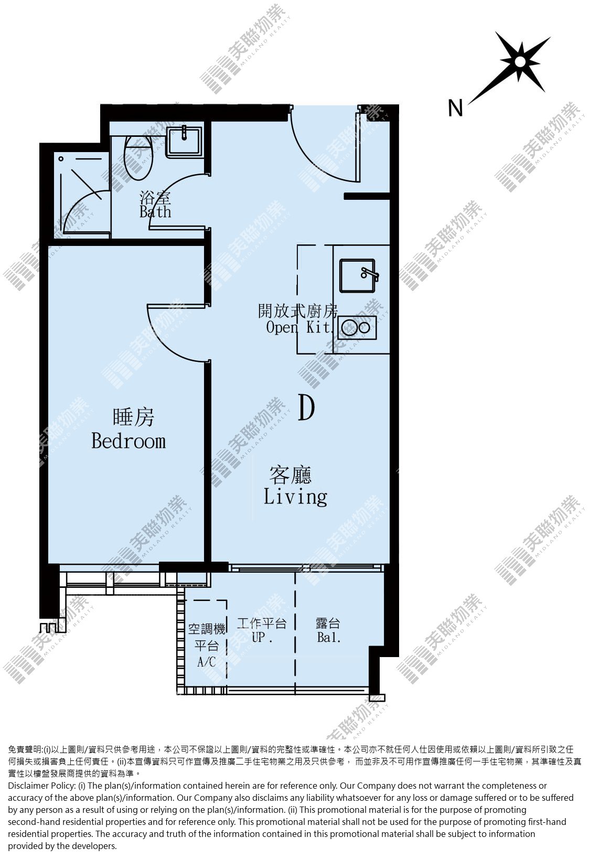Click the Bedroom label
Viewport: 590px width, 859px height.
[x=128, y=442]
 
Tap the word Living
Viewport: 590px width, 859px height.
[x=295, y=497]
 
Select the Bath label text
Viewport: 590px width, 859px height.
[x=155, y=212]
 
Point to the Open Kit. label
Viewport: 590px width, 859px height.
[x=298, y=327]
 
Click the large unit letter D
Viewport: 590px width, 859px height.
[x=306, y=407]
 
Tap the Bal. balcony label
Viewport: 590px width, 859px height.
[x=329, y=637]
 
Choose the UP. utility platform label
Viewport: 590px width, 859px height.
[x=262, y=637]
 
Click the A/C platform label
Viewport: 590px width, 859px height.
[x=207, y=661]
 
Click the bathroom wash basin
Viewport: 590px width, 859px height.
[x=184, y=142]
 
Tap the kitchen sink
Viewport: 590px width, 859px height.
[x=357, y=276]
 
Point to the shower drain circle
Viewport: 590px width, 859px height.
[x=61, y=159]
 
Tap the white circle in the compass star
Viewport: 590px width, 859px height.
[x=519, y=62]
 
